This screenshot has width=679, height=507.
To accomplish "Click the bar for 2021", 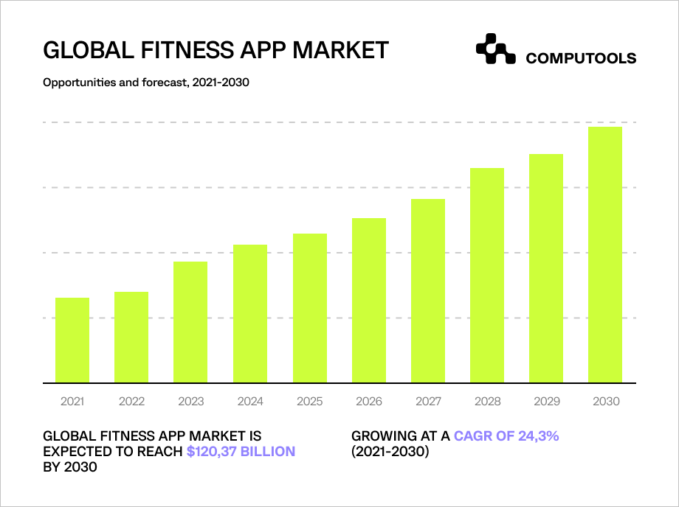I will click(72, 340).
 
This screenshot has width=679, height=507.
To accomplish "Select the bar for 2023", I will click(190, 322).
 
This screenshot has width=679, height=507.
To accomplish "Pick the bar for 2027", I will click(428, 291).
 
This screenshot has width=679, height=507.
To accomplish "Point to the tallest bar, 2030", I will click(605, 255).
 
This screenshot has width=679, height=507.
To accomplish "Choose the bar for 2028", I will click(487, 276).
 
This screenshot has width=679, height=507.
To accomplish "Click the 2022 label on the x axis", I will click(131, 402).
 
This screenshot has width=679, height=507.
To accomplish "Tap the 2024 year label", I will click(250, 402).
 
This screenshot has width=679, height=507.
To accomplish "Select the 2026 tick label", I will click(369, 402).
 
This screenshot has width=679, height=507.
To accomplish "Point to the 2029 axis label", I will click(547, 402).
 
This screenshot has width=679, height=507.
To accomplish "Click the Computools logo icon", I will click(495, 49).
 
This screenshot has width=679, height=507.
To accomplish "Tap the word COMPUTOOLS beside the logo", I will click(581, 58).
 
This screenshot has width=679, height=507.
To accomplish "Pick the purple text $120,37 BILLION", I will click(241, 451).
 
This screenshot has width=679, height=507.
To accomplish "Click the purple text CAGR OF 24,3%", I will click(506, 436).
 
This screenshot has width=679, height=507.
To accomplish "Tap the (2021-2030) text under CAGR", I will click(390, 451).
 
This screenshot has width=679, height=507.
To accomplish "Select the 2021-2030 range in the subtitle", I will click(221, 83).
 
